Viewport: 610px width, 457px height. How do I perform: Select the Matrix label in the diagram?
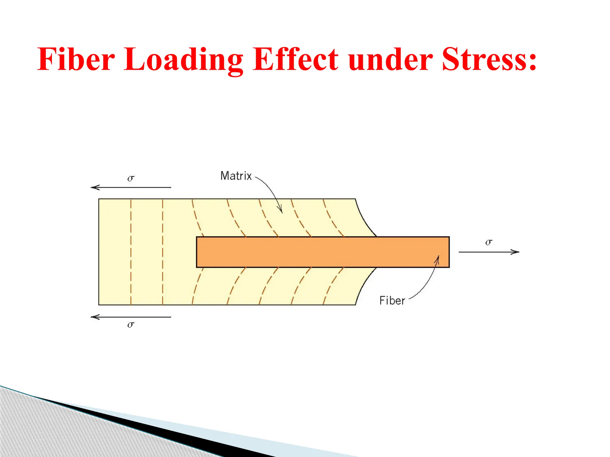pos(236,176)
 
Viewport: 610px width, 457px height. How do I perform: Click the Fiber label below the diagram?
pos(392,301)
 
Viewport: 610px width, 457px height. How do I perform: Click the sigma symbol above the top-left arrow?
pos(131,178)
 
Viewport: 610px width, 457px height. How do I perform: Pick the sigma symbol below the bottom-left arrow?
pos(131,324)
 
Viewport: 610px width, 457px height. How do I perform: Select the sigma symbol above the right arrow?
pos(489,242)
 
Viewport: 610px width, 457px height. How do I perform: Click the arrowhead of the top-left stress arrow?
pos(94,187)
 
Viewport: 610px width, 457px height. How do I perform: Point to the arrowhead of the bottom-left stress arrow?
pos(94,317)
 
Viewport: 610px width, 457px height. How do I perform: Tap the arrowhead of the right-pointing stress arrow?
pos(516,252)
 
